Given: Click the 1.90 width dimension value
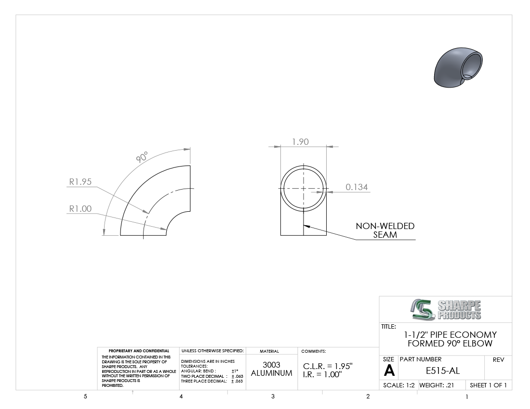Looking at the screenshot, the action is [x=300, y=142].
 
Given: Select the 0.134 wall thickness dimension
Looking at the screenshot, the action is [x=356, y=187].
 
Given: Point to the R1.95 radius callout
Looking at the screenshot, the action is [x=80, y=181].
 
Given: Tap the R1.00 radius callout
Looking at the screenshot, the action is [x=80, y=208].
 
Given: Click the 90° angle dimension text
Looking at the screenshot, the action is [x=142, y=157].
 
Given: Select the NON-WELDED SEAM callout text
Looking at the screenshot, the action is [x=385, y=230].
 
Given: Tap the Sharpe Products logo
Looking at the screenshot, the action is [x=446, y=309].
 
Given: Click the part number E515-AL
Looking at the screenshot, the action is [x=442, y=371].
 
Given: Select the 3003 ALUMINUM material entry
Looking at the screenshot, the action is [x=271, y=369].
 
